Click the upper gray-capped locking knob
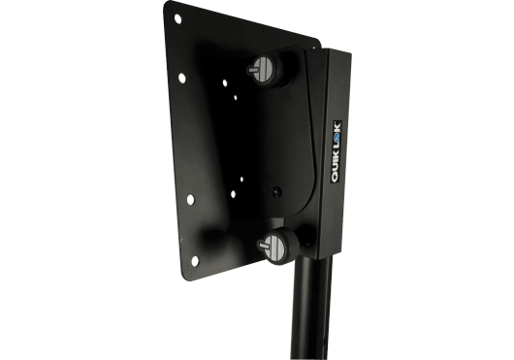coord(265,70)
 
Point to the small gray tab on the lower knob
coord(264,245)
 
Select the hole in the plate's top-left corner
coord(177,18)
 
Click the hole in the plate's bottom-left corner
coord(195,261)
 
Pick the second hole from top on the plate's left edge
coord(182,78)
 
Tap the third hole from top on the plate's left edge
coord(190,199)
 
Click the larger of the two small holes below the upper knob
coord(225,82)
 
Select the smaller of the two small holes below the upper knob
coord(236,97)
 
